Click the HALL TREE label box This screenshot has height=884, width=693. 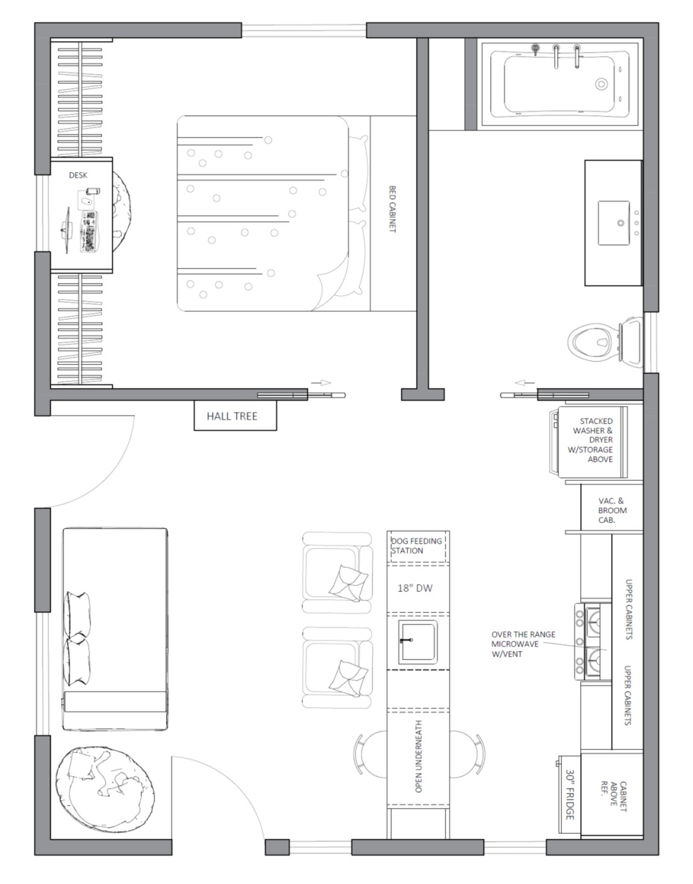235,415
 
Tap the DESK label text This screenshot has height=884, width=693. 78,175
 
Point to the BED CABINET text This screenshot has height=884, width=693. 392,209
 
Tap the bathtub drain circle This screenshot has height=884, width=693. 601,84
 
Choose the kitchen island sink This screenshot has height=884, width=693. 418,643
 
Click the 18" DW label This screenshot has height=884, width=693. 415,588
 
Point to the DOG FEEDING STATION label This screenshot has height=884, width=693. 417,545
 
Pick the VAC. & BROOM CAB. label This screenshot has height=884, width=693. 612,510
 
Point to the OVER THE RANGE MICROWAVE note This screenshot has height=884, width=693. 523,644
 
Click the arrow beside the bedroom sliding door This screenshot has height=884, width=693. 321,383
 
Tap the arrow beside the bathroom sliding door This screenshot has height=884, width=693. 525,383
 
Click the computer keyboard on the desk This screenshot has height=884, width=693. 89,231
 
